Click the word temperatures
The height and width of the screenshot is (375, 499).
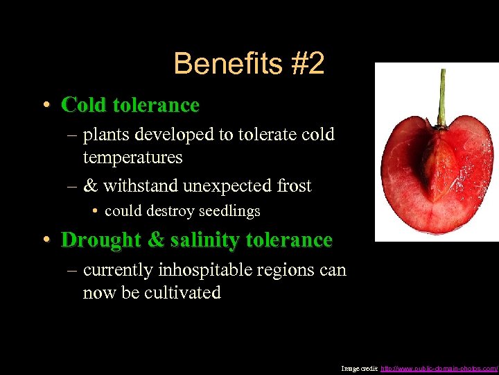(x=132, y=158)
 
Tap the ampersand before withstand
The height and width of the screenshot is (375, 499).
(x=90, y=186)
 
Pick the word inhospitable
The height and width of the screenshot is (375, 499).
(x=204, y=269)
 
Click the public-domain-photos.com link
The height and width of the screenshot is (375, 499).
(x=439, y=367)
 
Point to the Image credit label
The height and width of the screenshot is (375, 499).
(x=360, y=367)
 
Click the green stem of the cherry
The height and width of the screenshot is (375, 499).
(x=441, y=97)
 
